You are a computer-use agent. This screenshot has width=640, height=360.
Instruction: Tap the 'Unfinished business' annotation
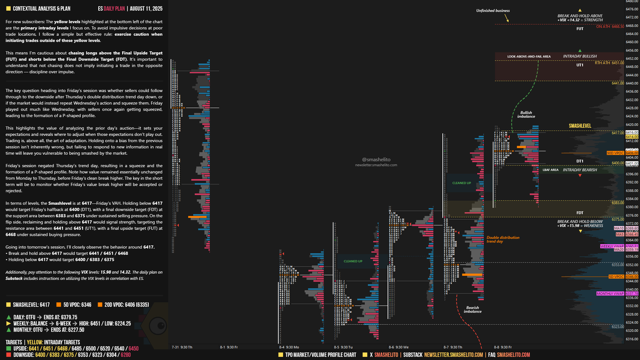[493, 11]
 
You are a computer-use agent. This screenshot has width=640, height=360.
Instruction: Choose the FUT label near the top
[580, 29]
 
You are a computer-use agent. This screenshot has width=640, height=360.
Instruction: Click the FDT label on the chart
[580, 213]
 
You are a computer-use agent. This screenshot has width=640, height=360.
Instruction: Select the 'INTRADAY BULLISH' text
[580, 56]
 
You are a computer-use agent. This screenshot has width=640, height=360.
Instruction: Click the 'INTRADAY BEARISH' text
[580, 170]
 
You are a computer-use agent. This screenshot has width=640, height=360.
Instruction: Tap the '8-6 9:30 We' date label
[398, 347]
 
